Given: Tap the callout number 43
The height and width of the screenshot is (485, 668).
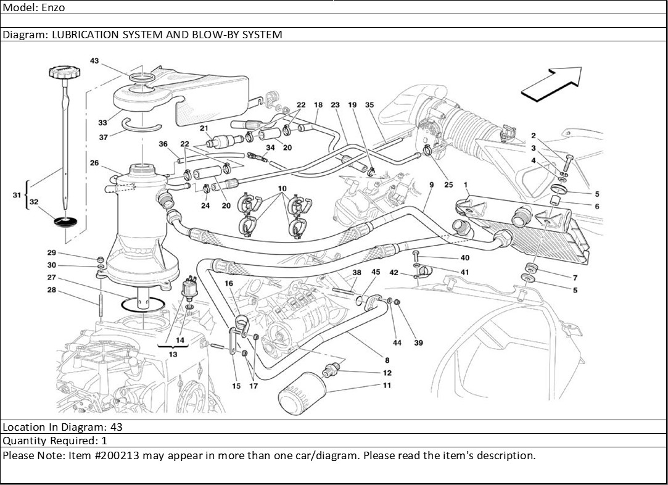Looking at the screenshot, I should coord(94,61).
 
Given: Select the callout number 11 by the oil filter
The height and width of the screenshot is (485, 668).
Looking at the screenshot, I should coord(387,386).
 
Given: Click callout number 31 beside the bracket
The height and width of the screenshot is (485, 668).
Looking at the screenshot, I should coord(17,195).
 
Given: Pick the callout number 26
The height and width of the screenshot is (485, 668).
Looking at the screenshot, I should coord(94,164).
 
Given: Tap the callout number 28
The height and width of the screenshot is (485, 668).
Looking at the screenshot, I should coord(52,289).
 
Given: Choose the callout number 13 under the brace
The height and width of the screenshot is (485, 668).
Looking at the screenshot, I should coord(173,354).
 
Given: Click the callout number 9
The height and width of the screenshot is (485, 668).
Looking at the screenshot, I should coord(431,184).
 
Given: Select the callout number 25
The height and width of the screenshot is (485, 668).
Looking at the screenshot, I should coord(448,184).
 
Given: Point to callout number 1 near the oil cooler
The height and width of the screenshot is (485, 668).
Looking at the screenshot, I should coord(465,184).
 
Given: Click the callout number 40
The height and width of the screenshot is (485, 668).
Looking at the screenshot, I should coord(464,257).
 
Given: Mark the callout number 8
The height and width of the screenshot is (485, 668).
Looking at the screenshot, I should coord(387,360).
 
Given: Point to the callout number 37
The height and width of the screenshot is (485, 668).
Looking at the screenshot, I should coord(103,138).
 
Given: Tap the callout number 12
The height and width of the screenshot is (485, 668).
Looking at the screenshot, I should coord(387,373).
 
